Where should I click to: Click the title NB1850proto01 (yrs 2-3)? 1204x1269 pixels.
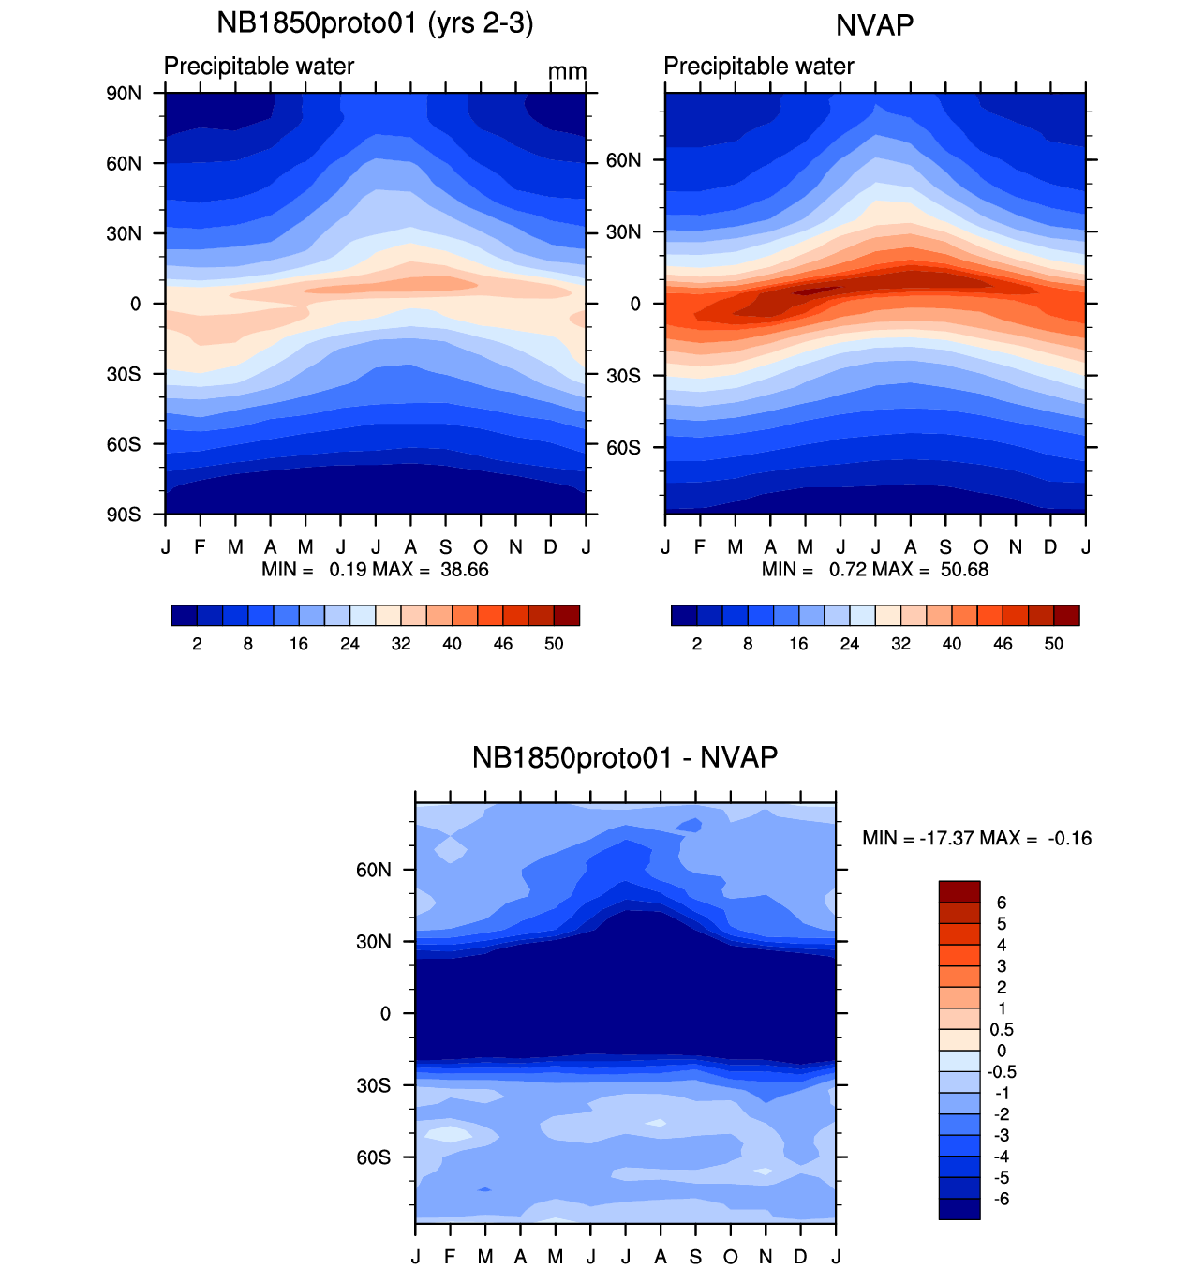375,23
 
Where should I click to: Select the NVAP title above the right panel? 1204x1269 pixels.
874,25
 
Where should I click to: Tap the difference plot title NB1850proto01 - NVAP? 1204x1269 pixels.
625,757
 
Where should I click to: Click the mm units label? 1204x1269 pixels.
567,72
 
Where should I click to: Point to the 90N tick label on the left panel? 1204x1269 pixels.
123,93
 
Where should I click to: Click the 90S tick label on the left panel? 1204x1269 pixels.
123,515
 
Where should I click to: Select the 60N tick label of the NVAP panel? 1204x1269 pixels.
623,160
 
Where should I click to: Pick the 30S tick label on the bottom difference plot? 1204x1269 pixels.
373,1085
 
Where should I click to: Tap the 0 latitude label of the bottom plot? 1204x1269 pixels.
385,1013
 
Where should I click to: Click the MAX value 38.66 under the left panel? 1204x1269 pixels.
465,570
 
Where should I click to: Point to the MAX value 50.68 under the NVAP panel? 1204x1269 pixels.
964,570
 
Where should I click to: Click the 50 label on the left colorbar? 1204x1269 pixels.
554,644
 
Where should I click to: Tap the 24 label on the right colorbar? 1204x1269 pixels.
850,644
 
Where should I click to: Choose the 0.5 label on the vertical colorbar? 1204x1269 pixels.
1002,1029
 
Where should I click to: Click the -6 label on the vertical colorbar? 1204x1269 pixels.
1001,1199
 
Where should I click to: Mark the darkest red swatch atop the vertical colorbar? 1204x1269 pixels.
959,891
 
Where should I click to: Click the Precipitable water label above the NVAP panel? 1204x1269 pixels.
759,67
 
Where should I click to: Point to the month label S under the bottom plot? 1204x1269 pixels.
695,1257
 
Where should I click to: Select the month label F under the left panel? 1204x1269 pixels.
200,547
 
